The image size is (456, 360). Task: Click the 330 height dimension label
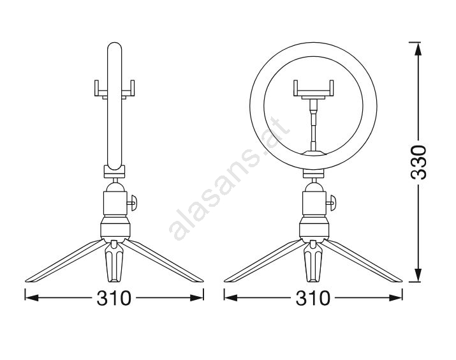coord(418,162)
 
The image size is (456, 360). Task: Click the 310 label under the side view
coord(114,298)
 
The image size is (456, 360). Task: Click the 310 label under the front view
coord(313,298)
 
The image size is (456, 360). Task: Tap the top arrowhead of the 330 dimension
coord(418,50)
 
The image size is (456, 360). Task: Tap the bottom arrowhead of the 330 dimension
coord(418,274)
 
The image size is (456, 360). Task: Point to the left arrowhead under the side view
coord(32,297)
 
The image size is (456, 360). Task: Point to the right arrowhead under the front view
coord(395,297)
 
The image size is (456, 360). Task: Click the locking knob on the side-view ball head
coord(133,202)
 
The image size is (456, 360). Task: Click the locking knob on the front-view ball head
coord(332,202)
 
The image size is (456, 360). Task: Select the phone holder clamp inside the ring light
coord(313,89)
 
